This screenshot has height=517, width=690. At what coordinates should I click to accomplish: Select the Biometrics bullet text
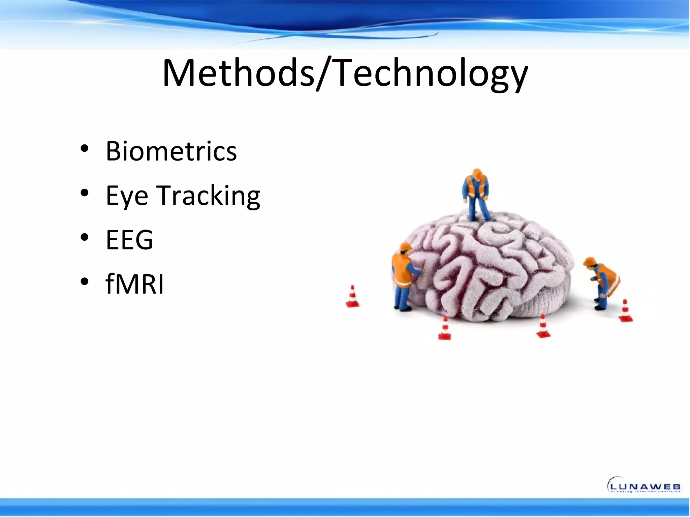171,151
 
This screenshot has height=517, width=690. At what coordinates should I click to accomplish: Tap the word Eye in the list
127,196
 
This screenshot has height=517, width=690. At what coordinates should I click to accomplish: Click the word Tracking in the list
209,196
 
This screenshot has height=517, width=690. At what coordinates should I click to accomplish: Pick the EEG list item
129,240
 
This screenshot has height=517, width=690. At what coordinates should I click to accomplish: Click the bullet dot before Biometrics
85,148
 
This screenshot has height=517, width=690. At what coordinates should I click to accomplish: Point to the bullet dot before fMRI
85,281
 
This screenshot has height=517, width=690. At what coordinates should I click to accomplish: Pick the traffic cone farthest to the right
625,311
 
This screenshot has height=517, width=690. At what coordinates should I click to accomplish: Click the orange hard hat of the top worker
476,173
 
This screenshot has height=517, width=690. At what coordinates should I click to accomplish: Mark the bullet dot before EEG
85,237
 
